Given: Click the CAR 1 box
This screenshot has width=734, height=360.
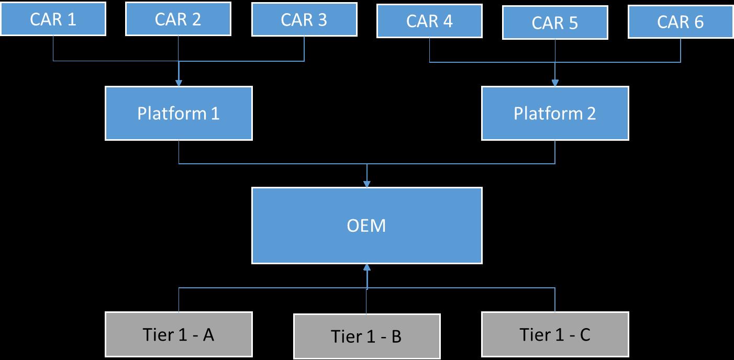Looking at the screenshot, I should [53, 19].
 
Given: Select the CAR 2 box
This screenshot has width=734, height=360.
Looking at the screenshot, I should [179, 19].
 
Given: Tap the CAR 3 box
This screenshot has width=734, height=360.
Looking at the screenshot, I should [304, 19].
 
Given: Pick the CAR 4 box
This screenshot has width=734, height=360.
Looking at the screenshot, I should [429, 21].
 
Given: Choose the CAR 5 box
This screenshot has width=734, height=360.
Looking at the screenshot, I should [555, 22].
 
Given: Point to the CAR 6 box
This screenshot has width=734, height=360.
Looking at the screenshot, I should [681, 21].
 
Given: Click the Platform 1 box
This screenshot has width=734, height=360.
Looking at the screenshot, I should [179, 114].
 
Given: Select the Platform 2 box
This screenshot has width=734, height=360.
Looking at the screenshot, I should [555, 114].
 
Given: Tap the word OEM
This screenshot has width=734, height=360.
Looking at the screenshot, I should [366, 226].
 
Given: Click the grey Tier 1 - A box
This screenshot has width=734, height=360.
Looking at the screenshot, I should [179, 335].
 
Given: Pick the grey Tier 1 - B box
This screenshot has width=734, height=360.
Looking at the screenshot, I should [366, 336].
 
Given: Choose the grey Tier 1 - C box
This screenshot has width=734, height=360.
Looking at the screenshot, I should [555, 335].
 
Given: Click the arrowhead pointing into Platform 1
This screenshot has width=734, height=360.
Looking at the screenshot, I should [179, 83].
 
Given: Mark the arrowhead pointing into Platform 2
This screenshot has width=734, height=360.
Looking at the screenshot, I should [555, 83].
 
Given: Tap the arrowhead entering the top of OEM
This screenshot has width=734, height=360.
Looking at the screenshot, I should [366, 184].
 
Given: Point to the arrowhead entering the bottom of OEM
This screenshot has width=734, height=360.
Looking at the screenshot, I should [366, 267].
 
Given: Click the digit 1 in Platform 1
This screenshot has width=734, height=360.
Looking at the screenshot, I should [215, 114].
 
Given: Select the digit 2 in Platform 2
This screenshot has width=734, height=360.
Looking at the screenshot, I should [591, 114].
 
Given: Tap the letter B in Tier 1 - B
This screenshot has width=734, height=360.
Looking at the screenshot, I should [396, 336].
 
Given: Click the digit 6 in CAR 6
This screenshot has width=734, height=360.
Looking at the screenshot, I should [698, 21].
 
